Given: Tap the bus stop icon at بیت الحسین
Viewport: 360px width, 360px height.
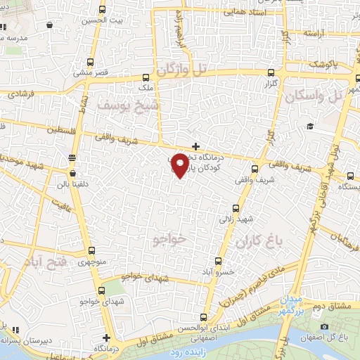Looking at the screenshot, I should point(103,10).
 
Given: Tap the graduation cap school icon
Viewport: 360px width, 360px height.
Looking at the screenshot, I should point(309,127).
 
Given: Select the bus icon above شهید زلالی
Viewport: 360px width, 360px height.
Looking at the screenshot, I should point(236,207).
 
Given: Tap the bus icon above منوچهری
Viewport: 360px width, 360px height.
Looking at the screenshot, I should point(93,251).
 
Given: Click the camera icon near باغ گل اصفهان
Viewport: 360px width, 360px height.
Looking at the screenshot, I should point(324,327).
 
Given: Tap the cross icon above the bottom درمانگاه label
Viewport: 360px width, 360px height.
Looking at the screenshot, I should point(106,337).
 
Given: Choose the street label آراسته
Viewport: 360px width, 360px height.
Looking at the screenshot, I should point(318,33).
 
